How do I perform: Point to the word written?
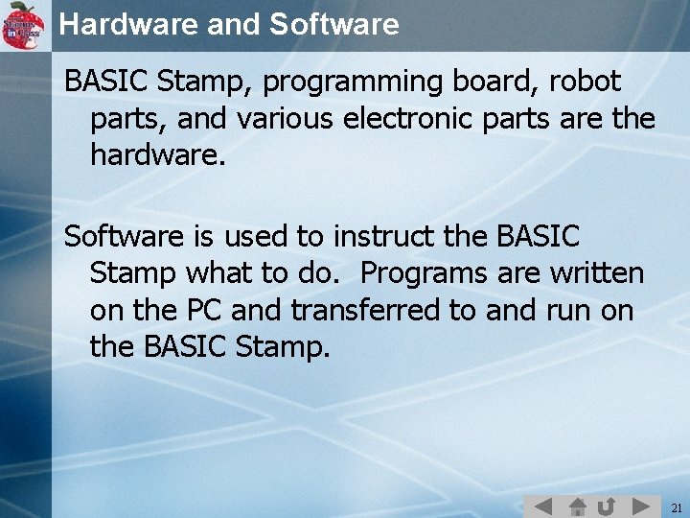coord(596,272)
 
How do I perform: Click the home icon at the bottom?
coord(578,506)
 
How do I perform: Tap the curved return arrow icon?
coord(606,506)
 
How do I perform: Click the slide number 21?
coord(676,506)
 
